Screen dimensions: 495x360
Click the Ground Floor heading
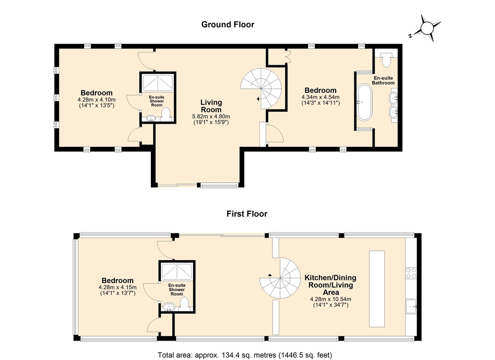coord(228,24)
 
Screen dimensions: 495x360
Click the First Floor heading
coord(247,214)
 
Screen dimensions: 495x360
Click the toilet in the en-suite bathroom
coord(387,59)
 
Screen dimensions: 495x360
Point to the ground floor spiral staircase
coord(261,89)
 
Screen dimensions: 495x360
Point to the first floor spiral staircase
coord(280,278)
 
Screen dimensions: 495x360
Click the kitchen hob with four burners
coord(411,273)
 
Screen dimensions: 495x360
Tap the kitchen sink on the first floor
coord(411,306)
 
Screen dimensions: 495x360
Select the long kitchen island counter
coord(377,289)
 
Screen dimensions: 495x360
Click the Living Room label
coord(211,106)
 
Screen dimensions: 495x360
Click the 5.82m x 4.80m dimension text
coord(211,116)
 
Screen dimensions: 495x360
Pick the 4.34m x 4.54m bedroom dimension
coord(321,97)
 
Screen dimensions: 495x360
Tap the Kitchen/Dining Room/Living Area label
coord(330,285)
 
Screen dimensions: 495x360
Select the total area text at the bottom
coord(245,355)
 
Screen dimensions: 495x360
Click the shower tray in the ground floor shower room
coord(157,83)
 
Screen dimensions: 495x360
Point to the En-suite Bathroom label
coord(383,80)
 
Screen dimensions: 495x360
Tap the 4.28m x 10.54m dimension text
coord(330,299)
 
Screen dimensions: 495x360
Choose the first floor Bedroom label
coord(118,280)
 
